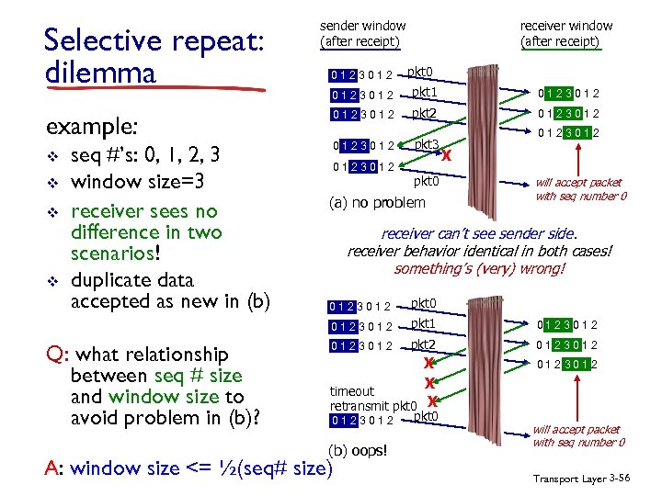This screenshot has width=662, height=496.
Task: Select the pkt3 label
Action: (x=426, y=144)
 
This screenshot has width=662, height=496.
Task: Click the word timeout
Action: (x=352, y=391)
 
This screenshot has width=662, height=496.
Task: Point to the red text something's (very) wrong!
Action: (x=479, y=269)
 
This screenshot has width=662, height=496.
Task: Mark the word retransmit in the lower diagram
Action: (x=360, y=405)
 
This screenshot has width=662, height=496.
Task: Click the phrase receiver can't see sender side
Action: (x=478, y=234)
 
